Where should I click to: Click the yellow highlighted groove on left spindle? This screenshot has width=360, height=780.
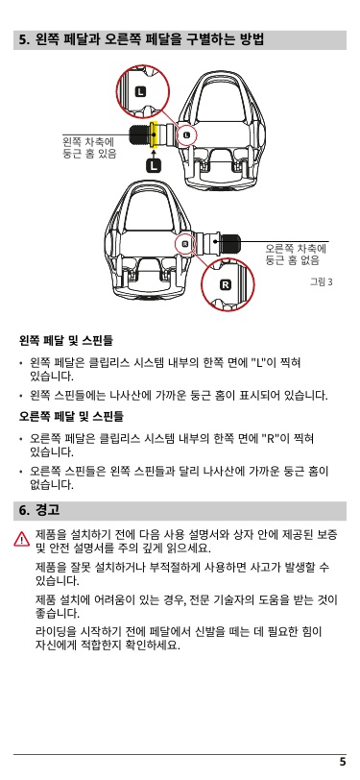155,134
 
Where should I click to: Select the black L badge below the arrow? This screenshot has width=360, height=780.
155,164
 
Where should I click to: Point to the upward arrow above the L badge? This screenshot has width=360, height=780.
155,152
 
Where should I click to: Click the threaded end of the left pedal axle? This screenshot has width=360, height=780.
140,134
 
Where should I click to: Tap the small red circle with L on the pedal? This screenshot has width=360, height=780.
187,134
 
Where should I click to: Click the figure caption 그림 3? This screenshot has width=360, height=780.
321,282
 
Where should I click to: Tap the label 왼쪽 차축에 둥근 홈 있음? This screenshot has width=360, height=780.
89,148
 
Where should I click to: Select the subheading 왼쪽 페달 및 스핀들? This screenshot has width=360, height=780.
65,341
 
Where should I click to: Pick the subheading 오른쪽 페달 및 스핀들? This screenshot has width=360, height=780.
71,415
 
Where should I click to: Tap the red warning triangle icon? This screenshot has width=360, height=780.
22,539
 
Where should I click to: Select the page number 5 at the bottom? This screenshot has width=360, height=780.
343,762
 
